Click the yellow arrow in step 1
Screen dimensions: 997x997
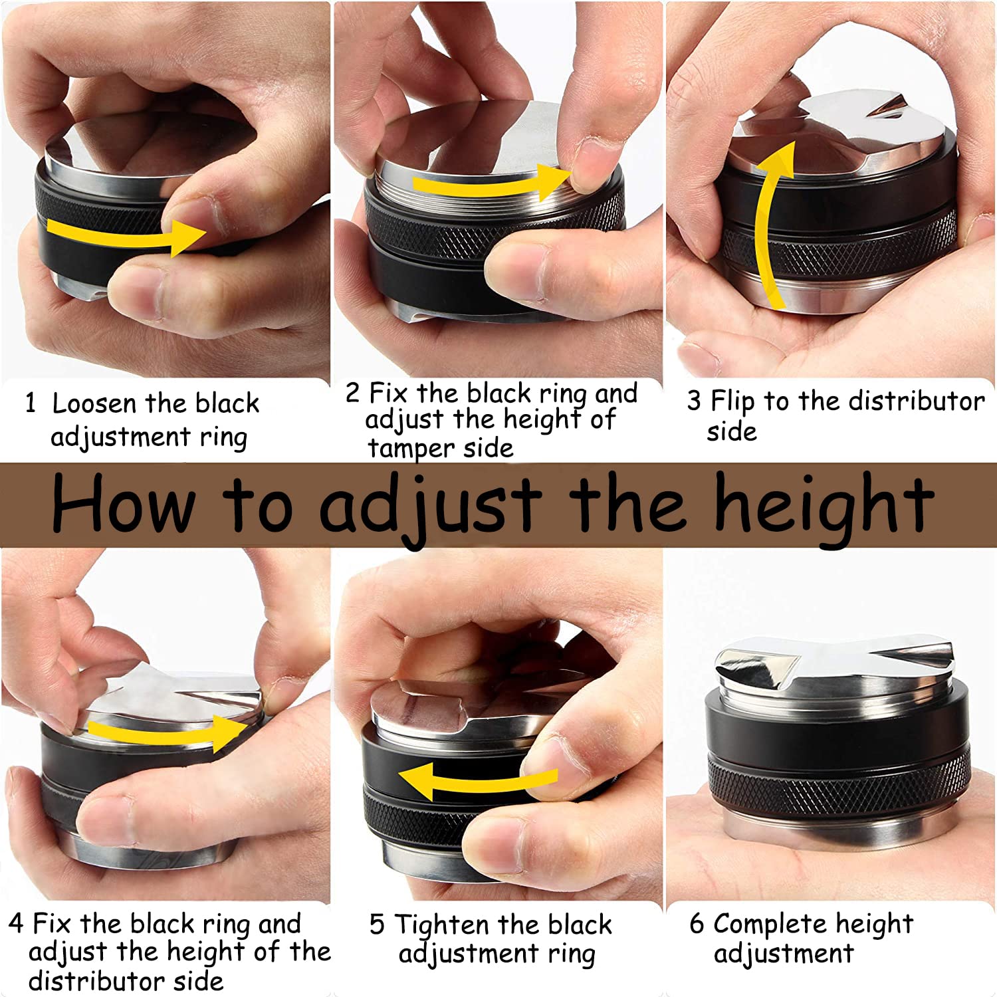point(126,235)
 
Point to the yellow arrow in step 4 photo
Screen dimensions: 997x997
point(166,731)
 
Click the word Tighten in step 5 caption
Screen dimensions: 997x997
point(441,925)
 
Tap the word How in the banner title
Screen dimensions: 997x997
point(123,503)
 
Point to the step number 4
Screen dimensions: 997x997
point(17,923)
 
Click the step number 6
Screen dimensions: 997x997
point(697,923)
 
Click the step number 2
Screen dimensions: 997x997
point(353,393)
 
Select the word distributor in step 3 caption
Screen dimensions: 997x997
point(917,401)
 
